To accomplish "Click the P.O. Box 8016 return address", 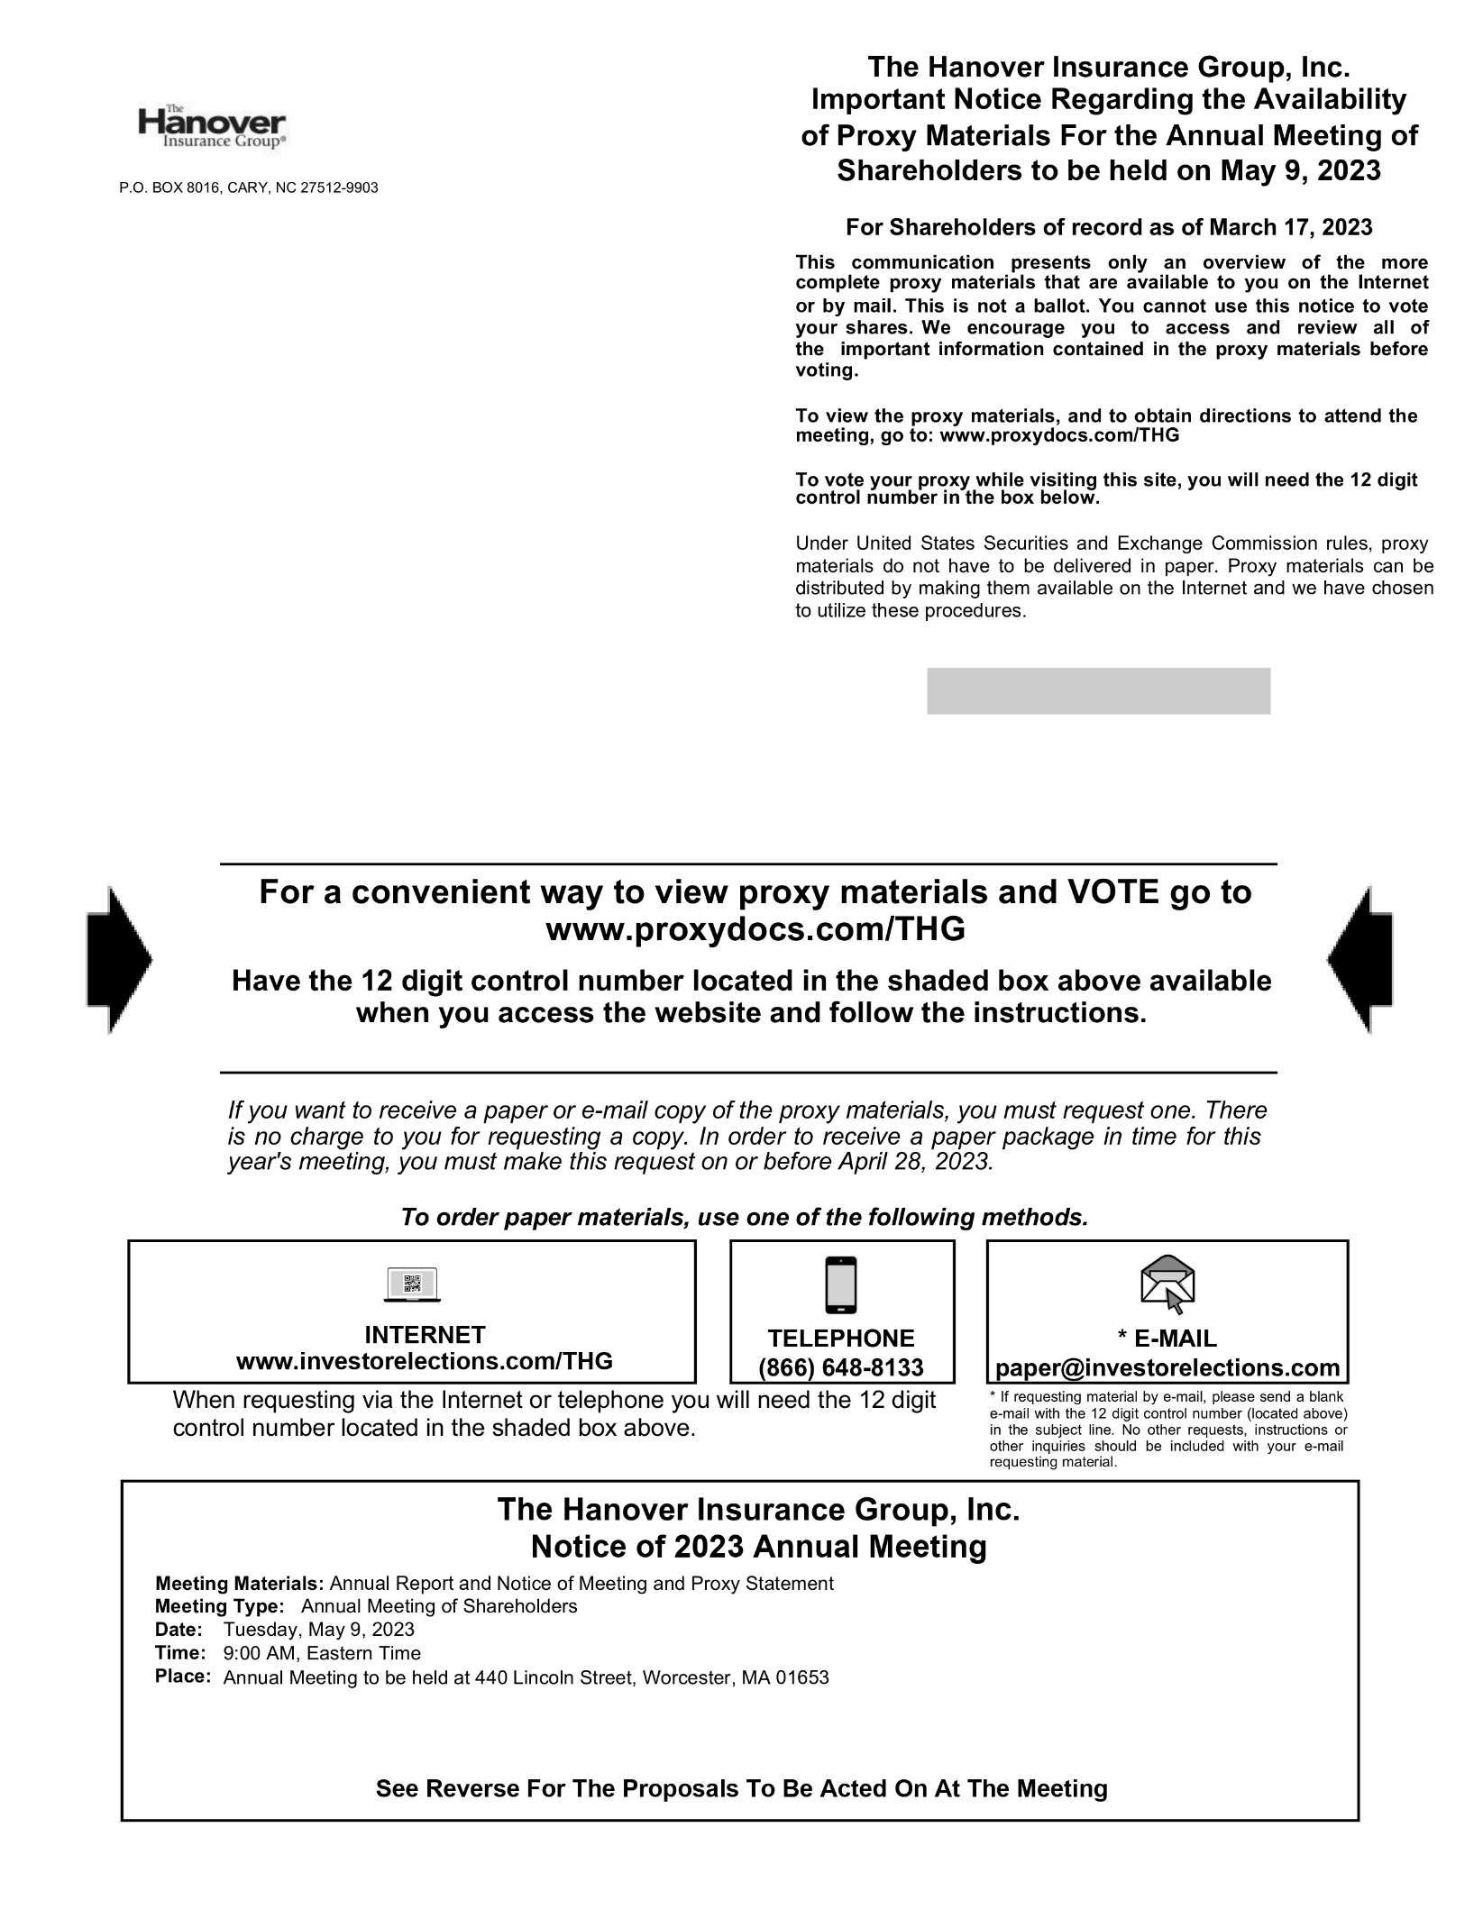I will (x=249, y=187).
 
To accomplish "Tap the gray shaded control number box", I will (x=1098, y=690).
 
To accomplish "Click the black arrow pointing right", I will (x=119, y=959).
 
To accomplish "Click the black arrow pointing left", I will (x=1360, y=959).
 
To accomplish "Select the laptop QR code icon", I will (x=412, y=1284).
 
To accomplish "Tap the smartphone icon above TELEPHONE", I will (x=840, y=1284).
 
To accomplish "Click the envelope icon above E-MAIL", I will (x=1167, y=1284).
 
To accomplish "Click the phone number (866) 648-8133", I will (x=841, y=1367).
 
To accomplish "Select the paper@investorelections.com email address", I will (x=1167, y=1367).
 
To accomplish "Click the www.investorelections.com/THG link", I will (x=425, y=1361).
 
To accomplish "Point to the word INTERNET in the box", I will (x=425, y=1335).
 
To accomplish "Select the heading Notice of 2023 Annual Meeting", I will (x=758, y=1547).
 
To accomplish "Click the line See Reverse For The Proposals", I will (x=741, y=1788).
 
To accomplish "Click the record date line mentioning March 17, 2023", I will (x=1109, y=227).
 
